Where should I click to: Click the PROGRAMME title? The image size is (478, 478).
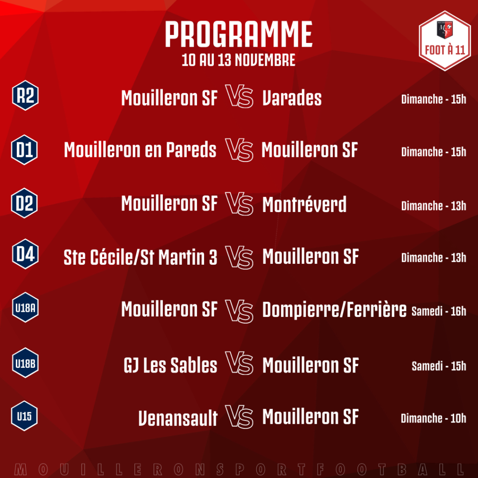pyautogui.click(x=239, y=34)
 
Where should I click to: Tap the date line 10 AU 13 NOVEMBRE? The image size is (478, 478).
pyautogui.click(x=239, y=60)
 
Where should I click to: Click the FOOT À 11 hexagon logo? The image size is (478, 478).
pyautogui.click(x=445, y=41)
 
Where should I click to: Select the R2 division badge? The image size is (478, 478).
pyautogui.click(x=25, y=95)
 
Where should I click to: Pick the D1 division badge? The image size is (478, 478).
pyautogui.click(x=24, y=150)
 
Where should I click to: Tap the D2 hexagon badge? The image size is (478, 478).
pyautogui.click(x=24, y=203)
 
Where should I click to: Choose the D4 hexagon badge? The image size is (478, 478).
pyautogui.click(x=25, y=254)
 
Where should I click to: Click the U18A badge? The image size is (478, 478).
pyautogui.click(x=25, y=308)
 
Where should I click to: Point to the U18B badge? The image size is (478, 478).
pyautogui.click(x=25, y=363)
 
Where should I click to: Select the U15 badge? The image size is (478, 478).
pyautogui.click(x=24, y=416)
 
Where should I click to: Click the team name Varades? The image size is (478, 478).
pyautogui.click(x=292, y=98)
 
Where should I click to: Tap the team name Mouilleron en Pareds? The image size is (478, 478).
pyautogui.click(x=140, y=150)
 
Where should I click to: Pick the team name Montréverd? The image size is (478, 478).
pyautogui.click(x=304, y=204)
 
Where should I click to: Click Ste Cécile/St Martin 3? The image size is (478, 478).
pyautogui.click(x=140, y=257)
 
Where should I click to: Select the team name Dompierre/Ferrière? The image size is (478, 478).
pyautogui.click(x=334, y=310)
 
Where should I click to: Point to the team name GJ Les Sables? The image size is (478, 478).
pyautogui.click(x=170, y=365)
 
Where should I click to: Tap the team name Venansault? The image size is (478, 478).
pyautogui.click(x=178, y=418)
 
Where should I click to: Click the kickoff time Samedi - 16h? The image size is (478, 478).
pyautogui.click(x=439, y=311)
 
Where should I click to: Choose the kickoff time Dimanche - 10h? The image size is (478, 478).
pyautogui.click(x=434, y=418)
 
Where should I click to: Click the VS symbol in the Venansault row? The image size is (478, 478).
pyautogui.click(x=239, y=417)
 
